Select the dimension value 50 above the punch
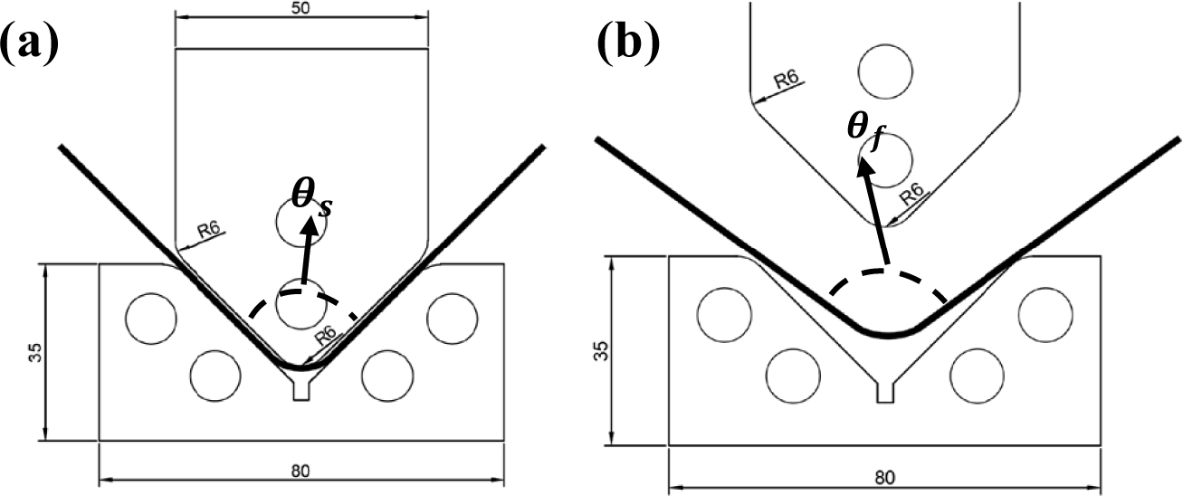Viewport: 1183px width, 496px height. tap(301, 7)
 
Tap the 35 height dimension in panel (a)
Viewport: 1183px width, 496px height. tap(33, 352)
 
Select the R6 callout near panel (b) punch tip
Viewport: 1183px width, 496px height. tap(911, 195)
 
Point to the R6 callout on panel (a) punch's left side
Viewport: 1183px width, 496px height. tap(210, 232)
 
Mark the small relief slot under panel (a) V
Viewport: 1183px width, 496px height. tap(301, 390)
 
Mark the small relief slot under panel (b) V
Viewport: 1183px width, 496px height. tap(886, 391)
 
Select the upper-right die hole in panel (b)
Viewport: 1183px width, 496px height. tap(1045, 314)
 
